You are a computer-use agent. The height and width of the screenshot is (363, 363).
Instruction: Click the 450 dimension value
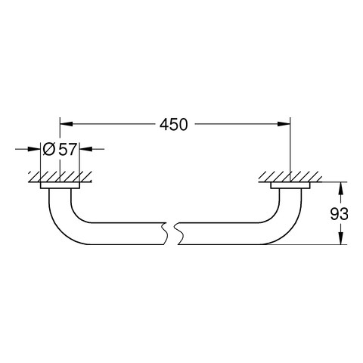tap(174, 125)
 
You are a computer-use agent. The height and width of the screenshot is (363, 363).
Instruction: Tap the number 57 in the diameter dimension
tap(67, 149)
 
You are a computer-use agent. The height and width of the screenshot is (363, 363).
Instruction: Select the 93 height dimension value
tap(339, 214)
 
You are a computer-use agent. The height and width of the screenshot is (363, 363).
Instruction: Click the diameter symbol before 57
tap(49, 149)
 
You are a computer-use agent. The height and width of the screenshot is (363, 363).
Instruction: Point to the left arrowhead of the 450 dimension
tap(67, 124)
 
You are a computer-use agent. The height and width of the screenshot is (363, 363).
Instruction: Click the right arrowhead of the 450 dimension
tap(284, 124)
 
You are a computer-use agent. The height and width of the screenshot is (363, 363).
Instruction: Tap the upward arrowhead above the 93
tap(340, 188)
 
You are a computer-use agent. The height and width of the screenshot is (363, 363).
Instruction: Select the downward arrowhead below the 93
tap(340, 238)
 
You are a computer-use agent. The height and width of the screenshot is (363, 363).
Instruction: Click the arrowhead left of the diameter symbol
tap(34, 149)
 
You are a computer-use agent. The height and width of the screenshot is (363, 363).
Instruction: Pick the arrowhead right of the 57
tap(86, 149)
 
